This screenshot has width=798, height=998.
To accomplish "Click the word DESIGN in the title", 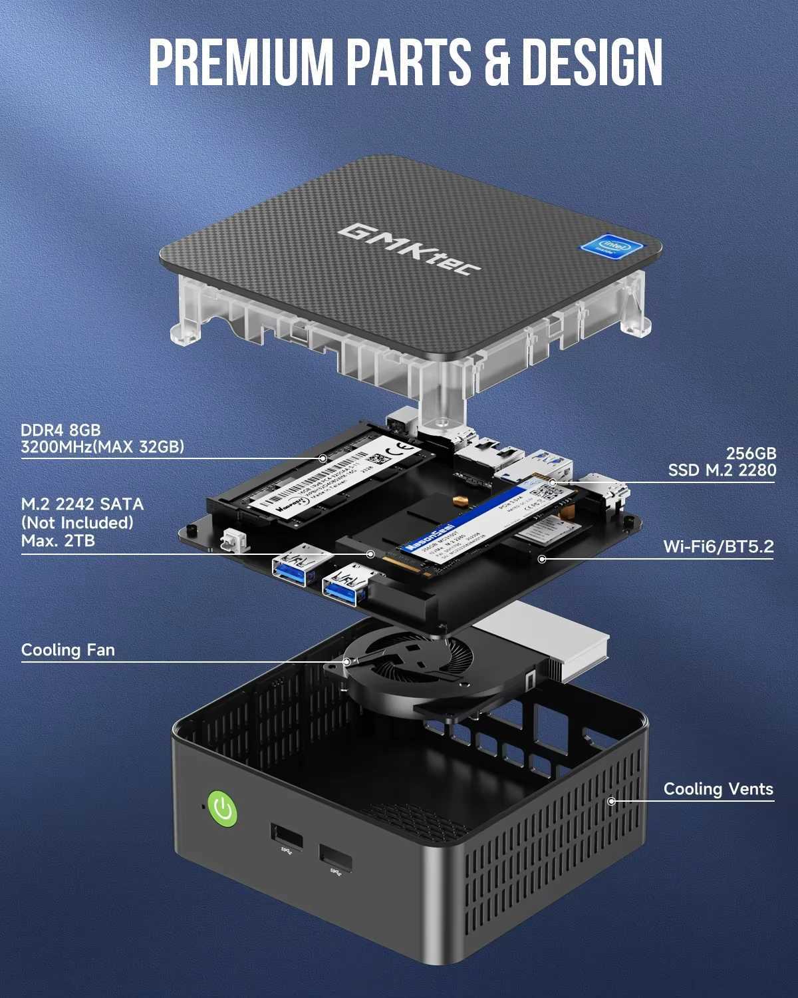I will pyautogui.click(x=591, y=63).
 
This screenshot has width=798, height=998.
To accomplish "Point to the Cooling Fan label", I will pyautogui.click(x=68, y=649).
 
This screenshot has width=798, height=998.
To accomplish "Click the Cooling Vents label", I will pyautogui.click(x=718, y=789).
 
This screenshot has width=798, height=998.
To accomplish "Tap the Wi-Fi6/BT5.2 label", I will pyautogui.click(x=718, y=547).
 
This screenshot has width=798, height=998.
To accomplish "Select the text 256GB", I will pyautogui.click(x=751, y=453).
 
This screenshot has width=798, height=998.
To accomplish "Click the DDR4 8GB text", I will pyautogui.click(x=61, y=430).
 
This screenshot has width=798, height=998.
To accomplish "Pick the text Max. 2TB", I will pyautogui.click(x=58, y=540).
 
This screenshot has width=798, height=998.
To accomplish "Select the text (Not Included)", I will pyautogui.click(x=77, y=522).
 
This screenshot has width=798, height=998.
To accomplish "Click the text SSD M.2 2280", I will pyautogui.click(x=722, y=470).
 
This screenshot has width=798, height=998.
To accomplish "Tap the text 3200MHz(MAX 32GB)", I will pyautogui.click(x=102, y=447).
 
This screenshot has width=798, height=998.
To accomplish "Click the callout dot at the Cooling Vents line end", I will pyautogui.click(x=612, y=801).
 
